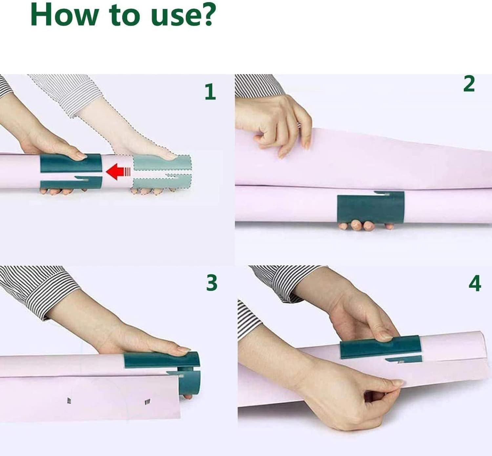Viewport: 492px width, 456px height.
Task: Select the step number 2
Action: (469, 84)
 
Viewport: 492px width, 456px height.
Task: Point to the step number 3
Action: (212, 283)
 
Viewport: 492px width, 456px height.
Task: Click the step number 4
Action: (475, 284)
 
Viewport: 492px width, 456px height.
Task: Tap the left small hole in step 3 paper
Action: (69, 400)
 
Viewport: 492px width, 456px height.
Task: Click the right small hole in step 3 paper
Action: (147, 401)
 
